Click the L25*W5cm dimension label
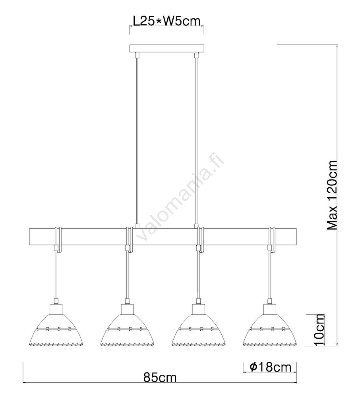(166, 21)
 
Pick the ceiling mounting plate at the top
(166, 49)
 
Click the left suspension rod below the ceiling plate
(137, 139)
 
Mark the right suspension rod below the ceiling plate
(196, 139)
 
